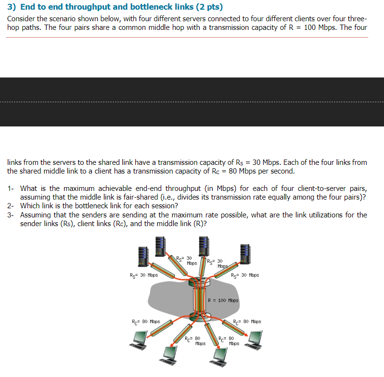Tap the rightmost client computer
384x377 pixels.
253,339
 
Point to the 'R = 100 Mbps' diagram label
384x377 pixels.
223,300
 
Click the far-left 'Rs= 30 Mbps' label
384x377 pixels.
144,275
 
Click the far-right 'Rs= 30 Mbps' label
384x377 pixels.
245,275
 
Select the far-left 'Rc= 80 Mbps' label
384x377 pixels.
146,322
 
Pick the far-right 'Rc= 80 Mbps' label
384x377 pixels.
247,322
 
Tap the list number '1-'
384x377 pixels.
11,188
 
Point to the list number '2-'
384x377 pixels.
11,206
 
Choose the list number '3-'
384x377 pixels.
11,215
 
